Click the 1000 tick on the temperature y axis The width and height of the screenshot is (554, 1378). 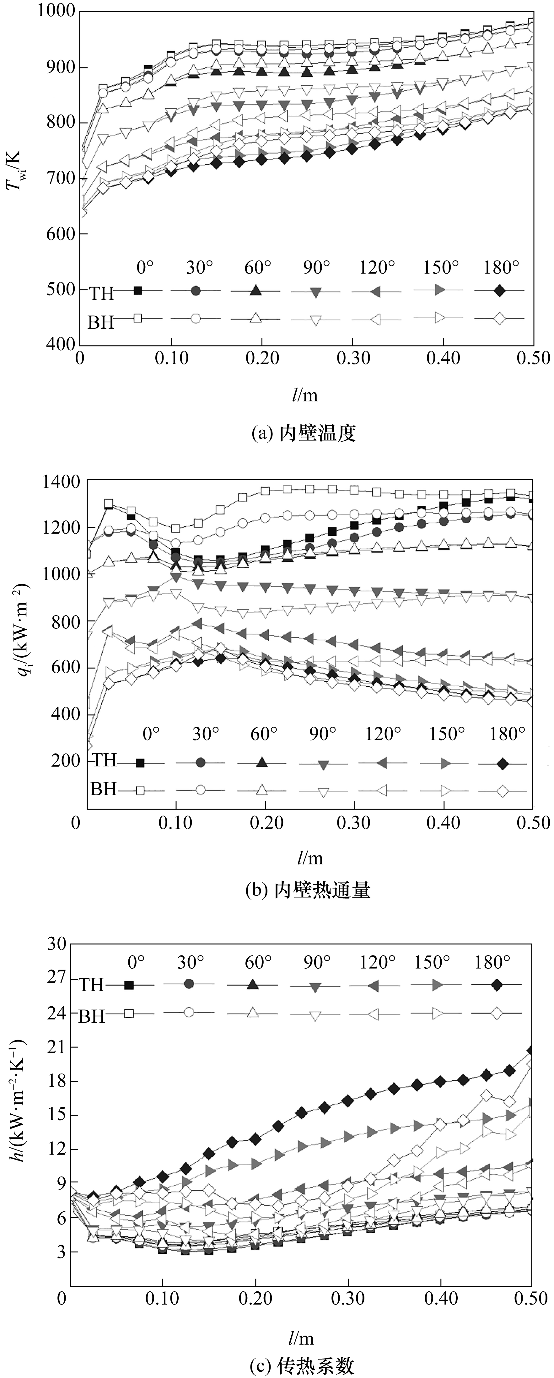[x=56, y=12]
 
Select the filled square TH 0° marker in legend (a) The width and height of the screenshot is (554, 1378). [x=137, y=290]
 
